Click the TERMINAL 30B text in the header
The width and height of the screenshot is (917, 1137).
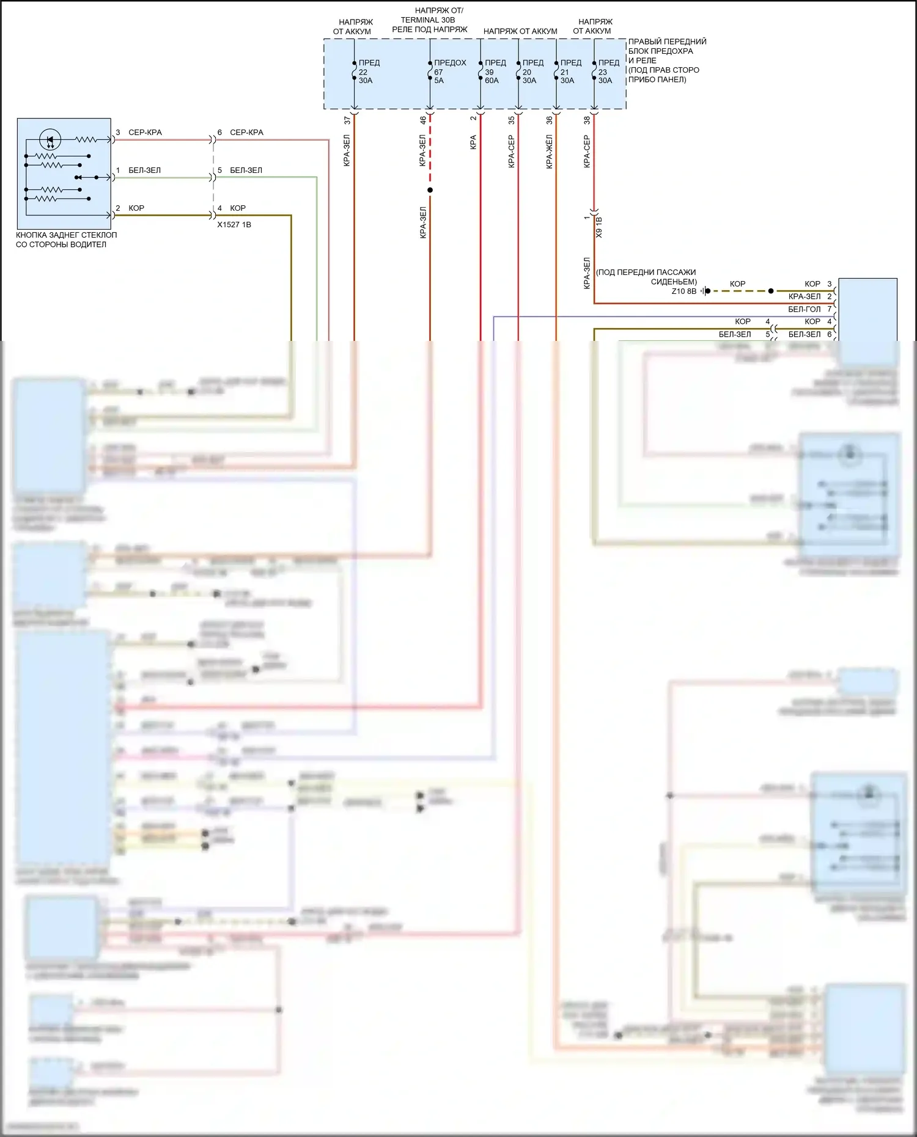(x=428, y=20)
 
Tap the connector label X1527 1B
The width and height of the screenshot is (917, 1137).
(x=234, y=225)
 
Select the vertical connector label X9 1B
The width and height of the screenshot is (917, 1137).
(x=599, y=227)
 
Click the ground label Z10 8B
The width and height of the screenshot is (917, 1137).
(x=683, y=291)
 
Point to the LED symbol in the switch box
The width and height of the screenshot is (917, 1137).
(x=50, y=140)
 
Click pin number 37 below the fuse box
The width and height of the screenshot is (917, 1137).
(x=348, y=120)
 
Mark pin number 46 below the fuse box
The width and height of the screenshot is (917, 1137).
(x=423, y=120)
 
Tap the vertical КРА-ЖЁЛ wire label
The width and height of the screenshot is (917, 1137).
(x=549, y=152)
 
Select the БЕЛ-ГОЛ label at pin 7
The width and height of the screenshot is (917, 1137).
(x=804, y=309)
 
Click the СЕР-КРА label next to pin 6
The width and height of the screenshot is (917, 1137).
(x=246, y=133)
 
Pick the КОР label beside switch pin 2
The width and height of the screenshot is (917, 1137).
(x=136, y=208)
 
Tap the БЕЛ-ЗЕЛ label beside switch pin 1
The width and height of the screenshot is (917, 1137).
(x=144, y=170)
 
